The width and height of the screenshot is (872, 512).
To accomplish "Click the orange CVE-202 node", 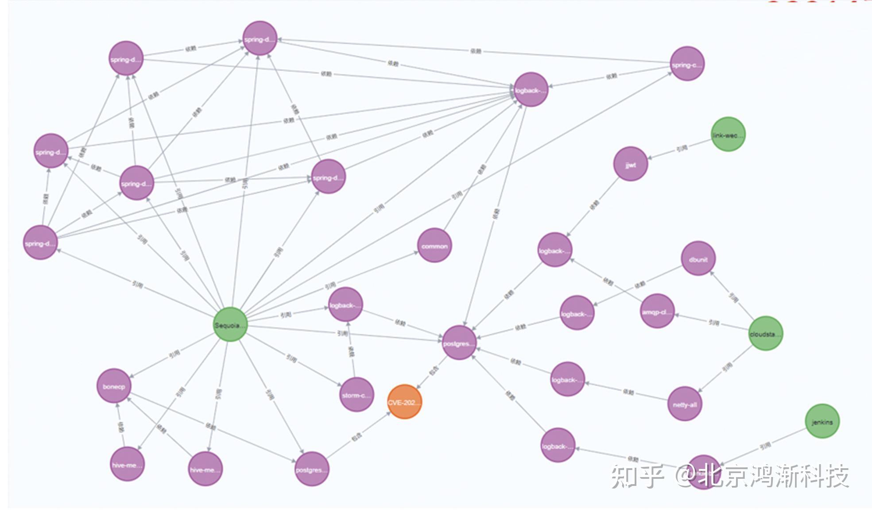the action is coord(404,402).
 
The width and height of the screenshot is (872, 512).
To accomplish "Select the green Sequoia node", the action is coord(230,325).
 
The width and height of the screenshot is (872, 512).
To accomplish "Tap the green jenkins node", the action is coord(822,421).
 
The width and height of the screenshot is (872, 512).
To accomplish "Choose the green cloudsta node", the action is coord(765,334).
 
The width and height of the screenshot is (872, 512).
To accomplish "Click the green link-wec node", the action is coord(728,135).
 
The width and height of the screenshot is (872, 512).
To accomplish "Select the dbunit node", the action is coord(698,259).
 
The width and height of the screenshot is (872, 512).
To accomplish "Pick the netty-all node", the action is coord(685,404).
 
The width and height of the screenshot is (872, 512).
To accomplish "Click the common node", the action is coord(434,246).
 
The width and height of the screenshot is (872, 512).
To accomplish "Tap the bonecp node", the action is coord(114,386).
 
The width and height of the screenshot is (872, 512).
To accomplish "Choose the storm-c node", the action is coord(357,395).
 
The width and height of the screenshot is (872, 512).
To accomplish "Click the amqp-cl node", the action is coord(657,311).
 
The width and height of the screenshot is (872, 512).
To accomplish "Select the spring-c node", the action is coord(687,64).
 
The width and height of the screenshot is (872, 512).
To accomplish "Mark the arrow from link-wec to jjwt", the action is coord(681,148).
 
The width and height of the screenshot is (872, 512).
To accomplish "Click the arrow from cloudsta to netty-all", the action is coord(726,367).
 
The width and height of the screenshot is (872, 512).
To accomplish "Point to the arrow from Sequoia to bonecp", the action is coord(174,354).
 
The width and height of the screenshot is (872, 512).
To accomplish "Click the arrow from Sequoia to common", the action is coord(330,285).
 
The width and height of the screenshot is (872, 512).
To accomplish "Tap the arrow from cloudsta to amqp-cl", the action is coord(713,323).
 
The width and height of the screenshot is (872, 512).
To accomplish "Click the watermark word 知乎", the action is coord(637,476).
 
